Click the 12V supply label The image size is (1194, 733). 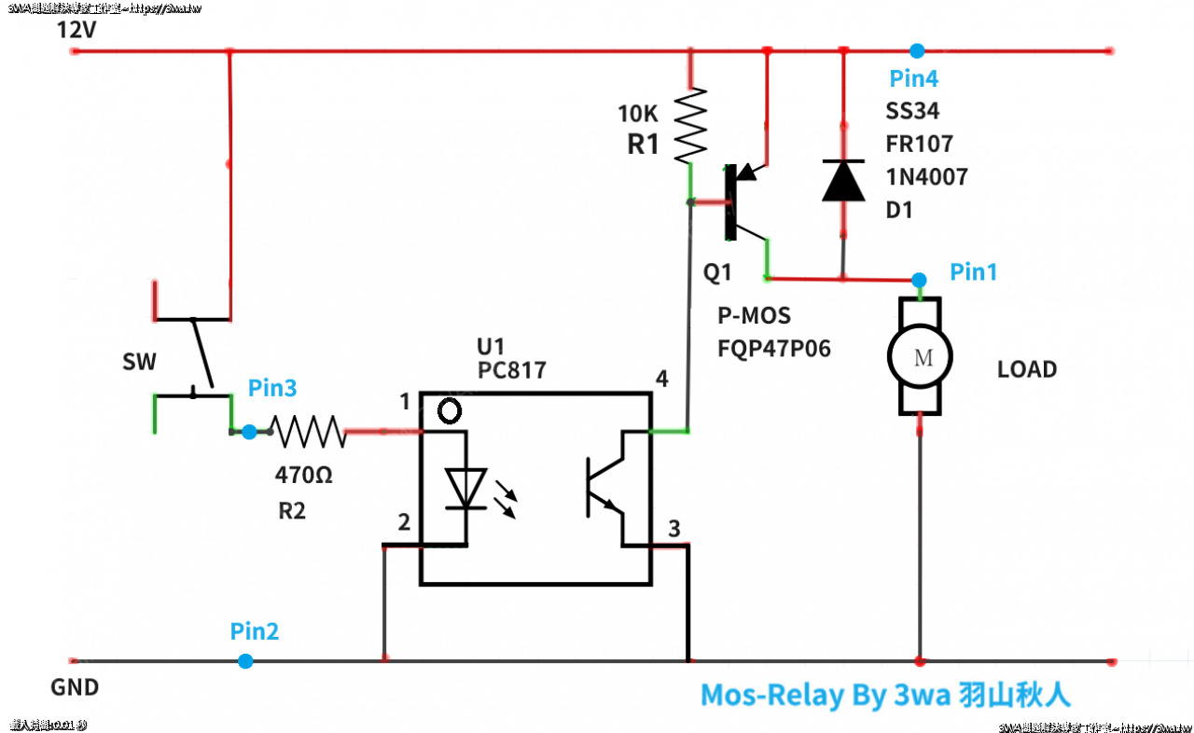76,30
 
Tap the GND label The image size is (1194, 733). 75,688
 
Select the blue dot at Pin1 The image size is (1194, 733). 919,279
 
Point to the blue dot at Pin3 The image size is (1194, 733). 249,432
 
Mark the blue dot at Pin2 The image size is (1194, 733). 244,661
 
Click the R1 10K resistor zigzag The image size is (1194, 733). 691,125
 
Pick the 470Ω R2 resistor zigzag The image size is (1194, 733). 308,432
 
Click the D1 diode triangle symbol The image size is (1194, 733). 843,180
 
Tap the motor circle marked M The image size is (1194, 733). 919,355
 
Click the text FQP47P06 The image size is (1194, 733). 773,349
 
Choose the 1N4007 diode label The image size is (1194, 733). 926,176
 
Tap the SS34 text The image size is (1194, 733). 912,111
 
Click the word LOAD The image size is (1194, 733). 1027,369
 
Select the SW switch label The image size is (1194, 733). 140,362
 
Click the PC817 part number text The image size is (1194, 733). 511,370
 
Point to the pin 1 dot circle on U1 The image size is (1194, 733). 450,409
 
